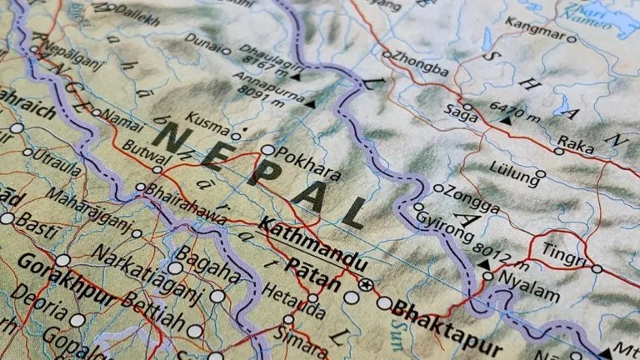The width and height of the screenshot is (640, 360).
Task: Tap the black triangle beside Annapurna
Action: pos(310,103)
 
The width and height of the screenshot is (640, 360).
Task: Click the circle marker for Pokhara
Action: pos(267,150)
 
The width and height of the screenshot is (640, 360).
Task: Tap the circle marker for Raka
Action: pos(559,151)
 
